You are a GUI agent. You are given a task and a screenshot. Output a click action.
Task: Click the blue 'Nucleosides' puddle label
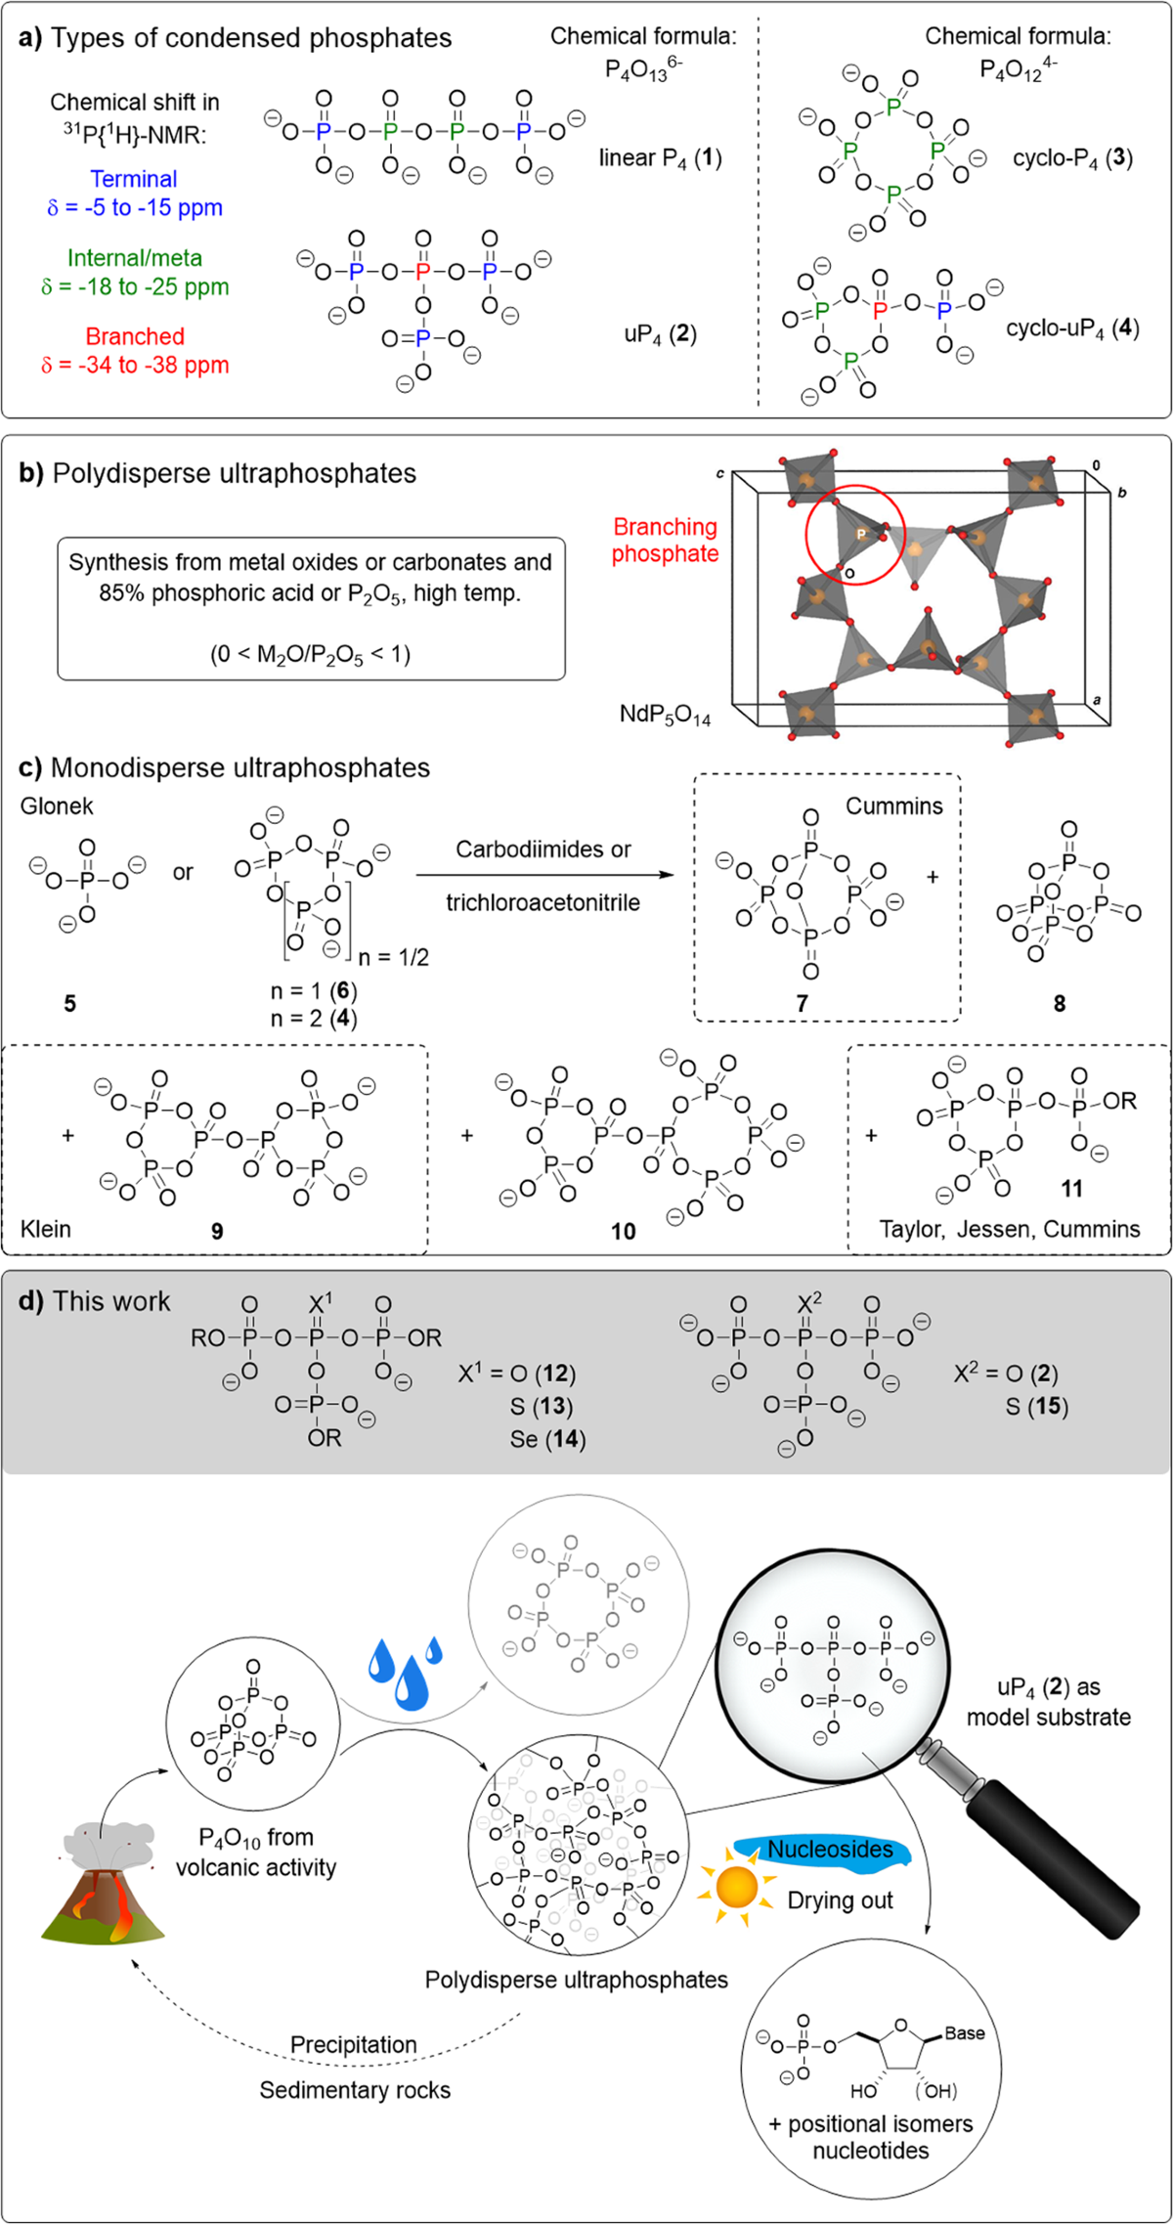point(830,1850)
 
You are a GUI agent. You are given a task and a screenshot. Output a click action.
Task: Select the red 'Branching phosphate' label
point(666,540)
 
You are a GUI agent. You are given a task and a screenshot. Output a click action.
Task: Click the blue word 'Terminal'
point(134,179)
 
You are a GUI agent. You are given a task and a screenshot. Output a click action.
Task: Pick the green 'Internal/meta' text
point(135,258)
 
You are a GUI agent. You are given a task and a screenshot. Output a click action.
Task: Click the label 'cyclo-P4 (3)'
point(1072,158)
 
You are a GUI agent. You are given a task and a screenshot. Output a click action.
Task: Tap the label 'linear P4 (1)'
point(660,158)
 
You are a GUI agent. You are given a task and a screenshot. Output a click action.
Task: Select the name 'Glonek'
point(57,806)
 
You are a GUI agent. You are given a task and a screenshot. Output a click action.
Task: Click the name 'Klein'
point(46,1228)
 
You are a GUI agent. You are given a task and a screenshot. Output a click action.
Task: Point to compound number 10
point(623,1232)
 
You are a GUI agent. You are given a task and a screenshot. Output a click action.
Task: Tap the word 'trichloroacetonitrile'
point(543,902)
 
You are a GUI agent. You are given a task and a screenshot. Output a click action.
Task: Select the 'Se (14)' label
point(547,1439)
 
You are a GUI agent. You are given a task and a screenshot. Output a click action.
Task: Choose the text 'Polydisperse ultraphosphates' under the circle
point(577,1980)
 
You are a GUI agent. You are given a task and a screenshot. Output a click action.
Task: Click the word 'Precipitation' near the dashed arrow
point(354,2045)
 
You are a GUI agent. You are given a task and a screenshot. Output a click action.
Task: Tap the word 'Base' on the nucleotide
point(964,2033)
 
